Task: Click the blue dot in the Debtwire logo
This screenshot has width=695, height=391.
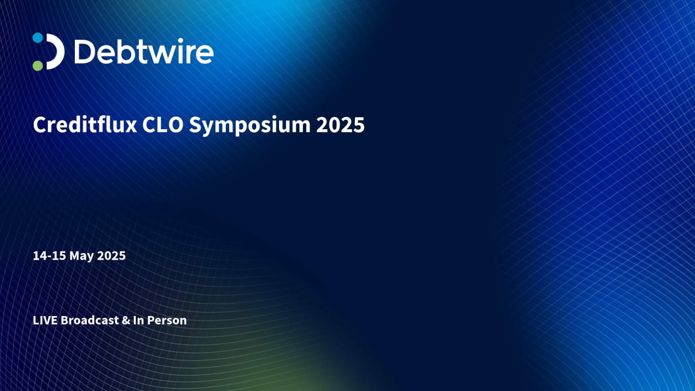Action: tap(37, 37)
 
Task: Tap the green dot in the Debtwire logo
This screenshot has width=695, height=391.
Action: tap(37, 66)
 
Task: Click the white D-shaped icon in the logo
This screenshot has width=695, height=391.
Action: tap(55, 52)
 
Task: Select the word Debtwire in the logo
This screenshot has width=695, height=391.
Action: tap(143, 52)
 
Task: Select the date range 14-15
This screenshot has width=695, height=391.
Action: tap(49, 256)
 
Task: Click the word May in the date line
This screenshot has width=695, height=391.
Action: tap(82, 256)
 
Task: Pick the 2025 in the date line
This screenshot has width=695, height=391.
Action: tap(111, 256)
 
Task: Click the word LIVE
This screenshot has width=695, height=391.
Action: tap(45, 320)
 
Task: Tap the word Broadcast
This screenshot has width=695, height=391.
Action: tap(89, 320)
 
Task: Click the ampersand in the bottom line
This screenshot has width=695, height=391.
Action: tap(125, 320)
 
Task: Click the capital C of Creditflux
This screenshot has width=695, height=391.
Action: tap(39, 125)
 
